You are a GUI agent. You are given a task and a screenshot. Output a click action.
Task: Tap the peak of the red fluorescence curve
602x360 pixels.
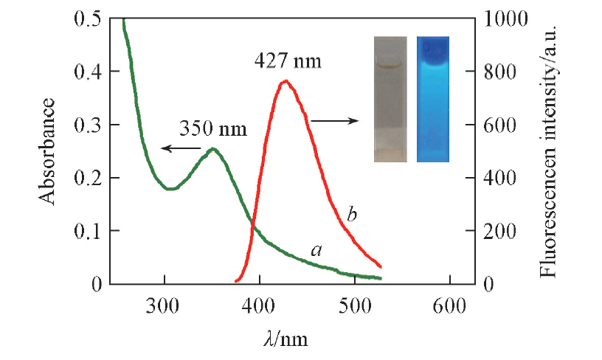286,81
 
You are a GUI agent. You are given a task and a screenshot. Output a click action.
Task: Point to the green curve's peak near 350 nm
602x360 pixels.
214,149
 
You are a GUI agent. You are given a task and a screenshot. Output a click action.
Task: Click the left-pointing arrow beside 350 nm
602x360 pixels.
175,148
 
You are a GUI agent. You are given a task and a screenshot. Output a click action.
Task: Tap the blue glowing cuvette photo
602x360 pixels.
432,99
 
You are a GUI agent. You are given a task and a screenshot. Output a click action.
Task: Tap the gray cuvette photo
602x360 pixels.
390,99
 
